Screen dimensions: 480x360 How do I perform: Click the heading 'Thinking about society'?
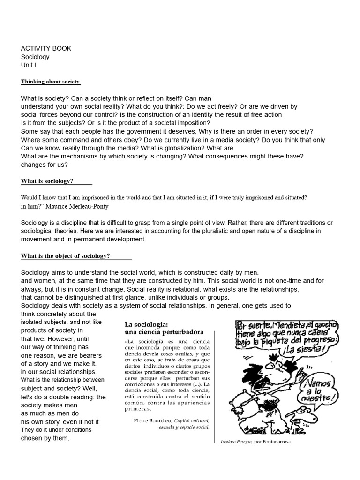pyautogui.click(x=50, y=82)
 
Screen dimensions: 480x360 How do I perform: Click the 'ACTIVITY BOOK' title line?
pyautogui.click(x=46, y=48)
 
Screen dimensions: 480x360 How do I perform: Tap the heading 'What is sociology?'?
pyautogui.click(x=47, y=181)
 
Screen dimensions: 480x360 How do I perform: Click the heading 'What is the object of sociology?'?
pyautogui.click(x=65, y=256)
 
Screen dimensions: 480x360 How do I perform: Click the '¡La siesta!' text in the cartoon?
pyautogui.click(x=315, y=349)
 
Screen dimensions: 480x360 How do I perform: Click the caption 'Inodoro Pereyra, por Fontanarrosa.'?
pyautogui.click(x=256, y=442)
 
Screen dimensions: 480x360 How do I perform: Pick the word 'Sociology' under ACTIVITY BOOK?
pyautogui.click(x=35, y=57)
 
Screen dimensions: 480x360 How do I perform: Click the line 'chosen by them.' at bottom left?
pyautogui.click(x=45, y=438)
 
